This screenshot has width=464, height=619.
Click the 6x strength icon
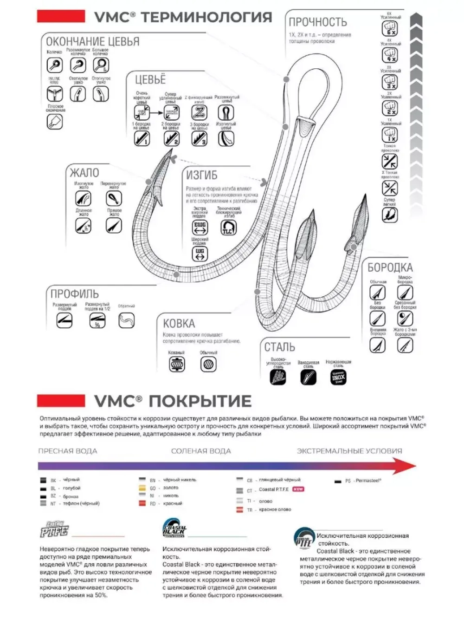pos(389,29)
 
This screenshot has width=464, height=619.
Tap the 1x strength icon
pos(389,135)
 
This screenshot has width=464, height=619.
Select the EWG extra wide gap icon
pos(200,227)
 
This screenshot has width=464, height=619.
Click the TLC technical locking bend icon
pos(228,228)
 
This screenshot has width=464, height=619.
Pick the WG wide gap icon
pos(200,254)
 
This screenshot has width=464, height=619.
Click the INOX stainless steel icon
pos(338,377)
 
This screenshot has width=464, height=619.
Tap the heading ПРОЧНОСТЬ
pos(318,22)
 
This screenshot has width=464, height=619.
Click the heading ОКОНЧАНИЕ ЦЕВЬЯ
pos(92,41)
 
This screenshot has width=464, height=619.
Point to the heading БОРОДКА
pos(390,267)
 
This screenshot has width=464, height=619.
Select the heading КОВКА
pos(179,323)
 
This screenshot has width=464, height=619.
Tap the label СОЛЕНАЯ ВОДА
pos(201,451)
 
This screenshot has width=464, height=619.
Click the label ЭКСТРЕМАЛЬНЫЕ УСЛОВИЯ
pos(349,451)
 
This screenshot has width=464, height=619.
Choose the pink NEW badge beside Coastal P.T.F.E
pos(298,489)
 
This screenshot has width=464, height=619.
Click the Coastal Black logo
pos(174,529)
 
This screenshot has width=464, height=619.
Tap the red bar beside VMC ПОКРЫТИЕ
pos(61,401)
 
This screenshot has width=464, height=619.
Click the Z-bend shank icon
pos(199,112)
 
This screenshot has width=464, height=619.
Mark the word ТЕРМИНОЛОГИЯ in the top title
pos(206,17)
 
